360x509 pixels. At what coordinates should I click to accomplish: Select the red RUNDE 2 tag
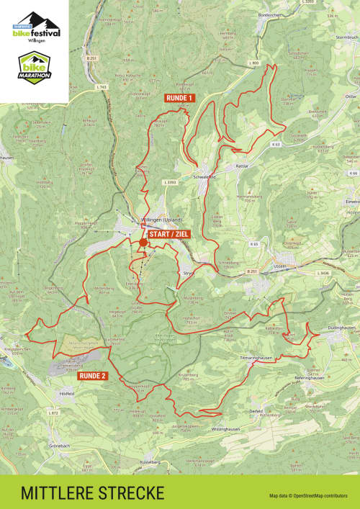tap(93, 375)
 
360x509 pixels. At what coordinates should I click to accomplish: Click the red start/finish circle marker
tap(143, 243)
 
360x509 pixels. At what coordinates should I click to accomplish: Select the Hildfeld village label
tap(66, 393)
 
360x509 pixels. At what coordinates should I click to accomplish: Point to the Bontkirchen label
tap(269, 14)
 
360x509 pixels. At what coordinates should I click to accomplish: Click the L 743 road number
tap(101, 87)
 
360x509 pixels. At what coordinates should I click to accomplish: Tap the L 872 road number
tap(53, 413)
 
